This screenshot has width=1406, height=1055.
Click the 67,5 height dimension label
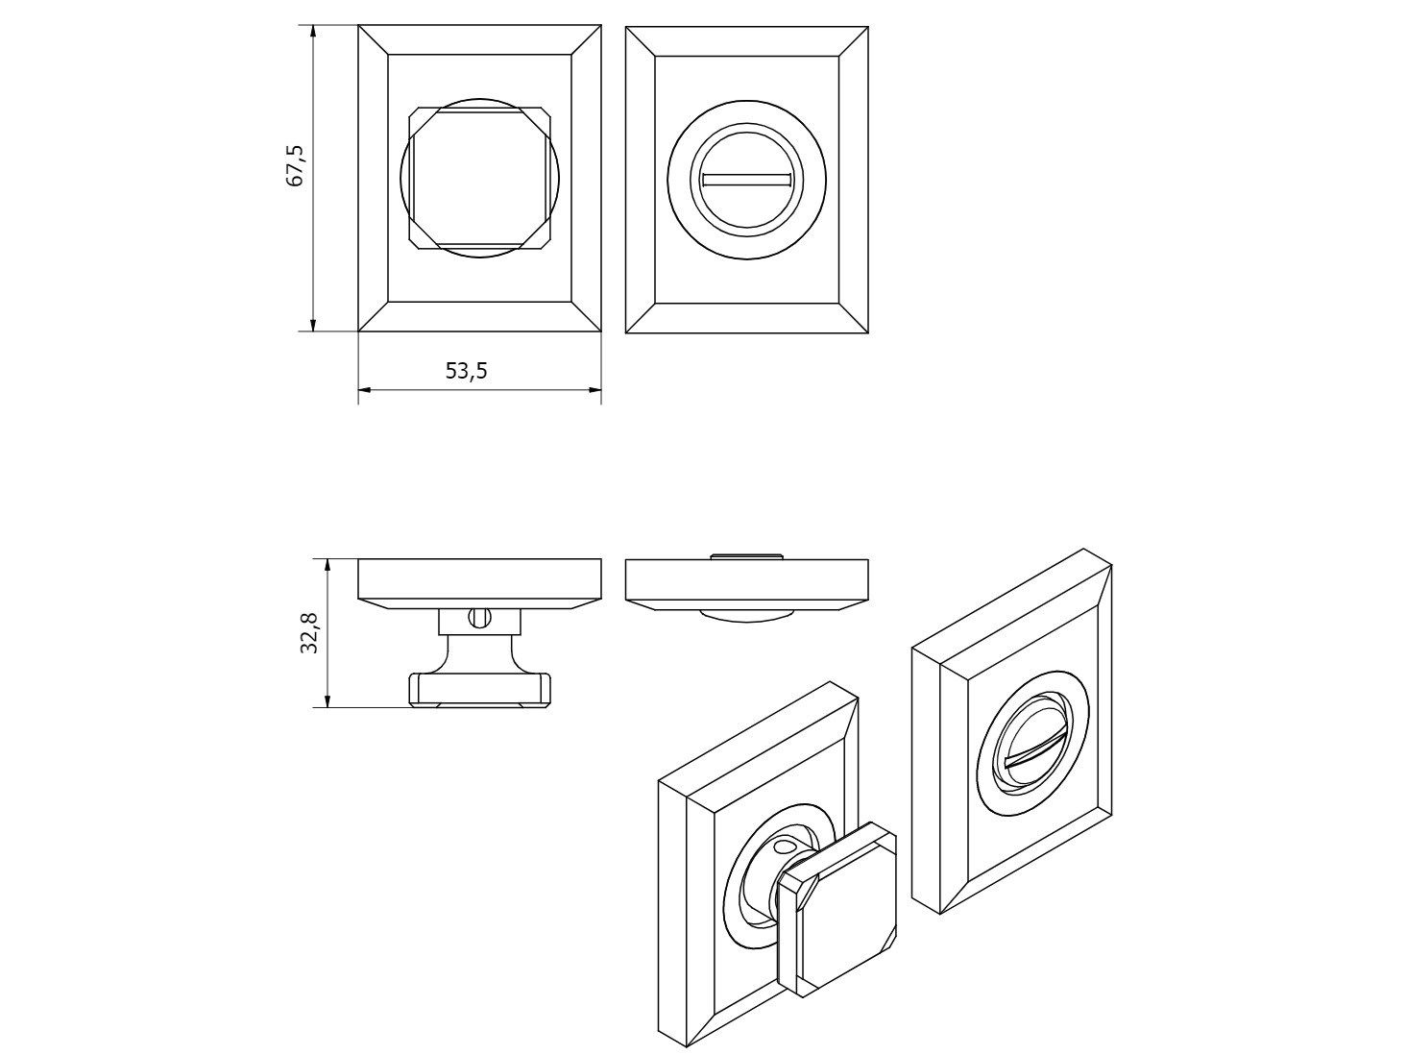[296, 166]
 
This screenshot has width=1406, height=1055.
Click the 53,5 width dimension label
[467, 371]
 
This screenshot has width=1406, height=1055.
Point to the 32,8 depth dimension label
[310, 633]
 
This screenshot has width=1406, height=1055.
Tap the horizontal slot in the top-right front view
[747, 180]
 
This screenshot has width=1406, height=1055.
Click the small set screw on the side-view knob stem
[479, 618]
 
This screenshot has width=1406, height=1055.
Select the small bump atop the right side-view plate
[747, 555]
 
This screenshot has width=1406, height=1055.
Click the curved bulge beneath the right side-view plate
[747, 616]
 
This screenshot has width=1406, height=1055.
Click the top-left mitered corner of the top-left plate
[374, 39]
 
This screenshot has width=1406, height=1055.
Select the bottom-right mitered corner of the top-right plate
[854, 318]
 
